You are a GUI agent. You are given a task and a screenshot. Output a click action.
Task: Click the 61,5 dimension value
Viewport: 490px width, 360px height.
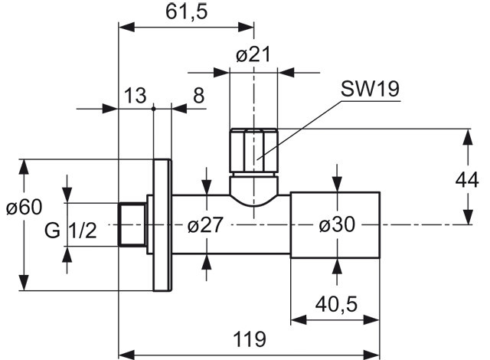pos(187,12)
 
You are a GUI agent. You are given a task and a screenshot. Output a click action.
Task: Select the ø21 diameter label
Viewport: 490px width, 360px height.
pos(253,54)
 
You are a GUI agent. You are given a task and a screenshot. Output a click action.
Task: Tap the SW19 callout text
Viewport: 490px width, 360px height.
pos(370,88)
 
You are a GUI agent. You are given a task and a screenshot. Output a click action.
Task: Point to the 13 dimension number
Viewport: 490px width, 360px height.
pos(135,95)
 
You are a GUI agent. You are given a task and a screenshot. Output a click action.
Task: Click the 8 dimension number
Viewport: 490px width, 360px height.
pos(199,95)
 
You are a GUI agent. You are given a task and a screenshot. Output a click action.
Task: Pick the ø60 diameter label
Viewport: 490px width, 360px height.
pos(24,207)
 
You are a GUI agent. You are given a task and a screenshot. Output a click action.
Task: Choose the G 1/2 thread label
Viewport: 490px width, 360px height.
pos(70,231)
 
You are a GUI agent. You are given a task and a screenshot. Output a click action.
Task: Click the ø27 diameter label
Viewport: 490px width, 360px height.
pos(206,224)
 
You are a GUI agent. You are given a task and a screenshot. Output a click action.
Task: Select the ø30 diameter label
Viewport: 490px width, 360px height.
pos(337,224)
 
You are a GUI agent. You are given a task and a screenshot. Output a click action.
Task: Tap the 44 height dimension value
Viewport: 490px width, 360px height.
pos(467,180)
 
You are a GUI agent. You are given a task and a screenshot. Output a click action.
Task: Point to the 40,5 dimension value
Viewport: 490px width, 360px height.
pos(336,304)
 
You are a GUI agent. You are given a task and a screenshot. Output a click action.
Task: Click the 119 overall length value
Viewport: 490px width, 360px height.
pos(250,339)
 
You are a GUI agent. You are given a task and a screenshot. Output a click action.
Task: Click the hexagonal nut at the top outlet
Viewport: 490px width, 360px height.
pos(253,150)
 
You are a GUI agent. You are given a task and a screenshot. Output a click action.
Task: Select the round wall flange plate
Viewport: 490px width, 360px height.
pos(162,225)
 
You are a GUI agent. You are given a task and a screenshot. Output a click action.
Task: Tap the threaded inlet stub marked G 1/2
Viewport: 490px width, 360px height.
pos(132,224)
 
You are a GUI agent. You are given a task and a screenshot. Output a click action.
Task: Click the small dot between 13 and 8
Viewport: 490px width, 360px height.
pos(153,109)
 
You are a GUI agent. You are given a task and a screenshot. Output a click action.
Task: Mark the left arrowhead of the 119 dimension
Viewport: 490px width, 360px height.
pos(126,355)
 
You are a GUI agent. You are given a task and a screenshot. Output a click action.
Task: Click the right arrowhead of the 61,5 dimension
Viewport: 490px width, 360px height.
pos(246,27)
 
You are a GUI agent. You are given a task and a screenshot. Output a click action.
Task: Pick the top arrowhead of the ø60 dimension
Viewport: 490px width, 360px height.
pos(24,167)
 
